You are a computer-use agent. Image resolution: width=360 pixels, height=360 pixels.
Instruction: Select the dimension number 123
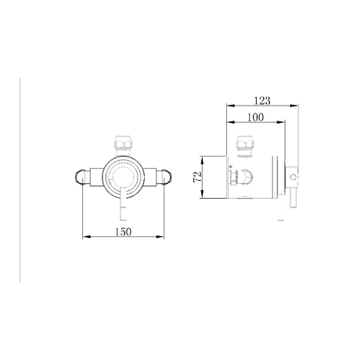tap(262, 99)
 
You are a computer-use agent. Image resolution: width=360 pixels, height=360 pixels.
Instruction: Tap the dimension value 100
tap(254, 117)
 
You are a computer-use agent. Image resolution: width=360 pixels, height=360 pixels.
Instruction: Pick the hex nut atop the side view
tap(245, 145)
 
